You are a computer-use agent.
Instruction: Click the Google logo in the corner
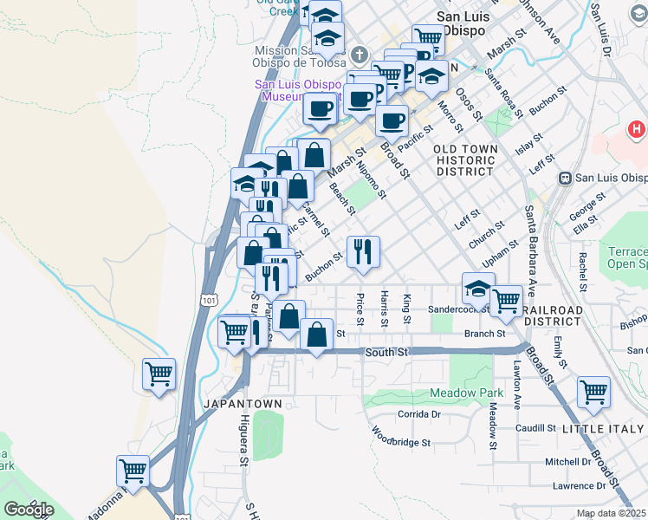coord(29,510)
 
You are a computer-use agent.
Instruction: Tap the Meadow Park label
coord(454,393)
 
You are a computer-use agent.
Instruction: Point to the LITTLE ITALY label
coord(603,429)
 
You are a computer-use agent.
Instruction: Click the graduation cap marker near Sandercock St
coord(478,289)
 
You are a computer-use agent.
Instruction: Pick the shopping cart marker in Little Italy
coord(593,392)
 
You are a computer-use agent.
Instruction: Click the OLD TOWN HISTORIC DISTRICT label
coord(467,160)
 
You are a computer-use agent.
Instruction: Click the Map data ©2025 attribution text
coord(612,513)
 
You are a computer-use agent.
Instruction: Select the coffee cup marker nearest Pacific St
coord(392,120)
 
